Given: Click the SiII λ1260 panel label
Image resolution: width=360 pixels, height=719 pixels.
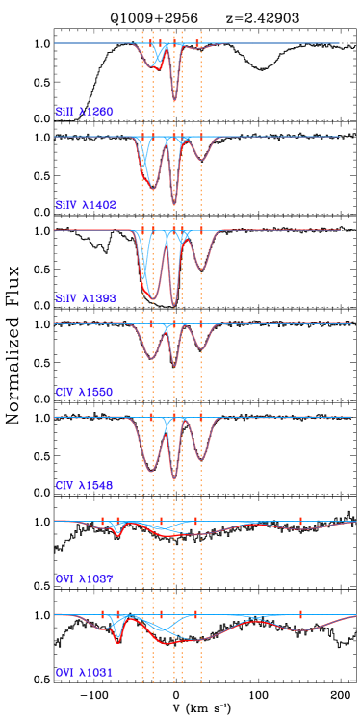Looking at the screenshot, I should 84,112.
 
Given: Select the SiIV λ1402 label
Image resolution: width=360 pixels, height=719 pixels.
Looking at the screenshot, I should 86,205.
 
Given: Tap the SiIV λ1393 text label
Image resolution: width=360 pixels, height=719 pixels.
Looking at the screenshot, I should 86,298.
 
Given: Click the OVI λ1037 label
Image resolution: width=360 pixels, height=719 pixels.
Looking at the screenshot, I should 84,578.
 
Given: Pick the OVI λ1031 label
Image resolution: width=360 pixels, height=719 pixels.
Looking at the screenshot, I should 84,673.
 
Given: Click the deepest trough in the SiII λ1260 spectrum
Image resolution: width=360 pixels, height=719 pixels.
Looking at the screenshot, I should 174,99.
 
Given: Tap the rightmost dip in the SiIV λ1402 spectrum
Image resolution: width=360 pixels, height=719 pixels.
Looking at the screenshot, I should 200,160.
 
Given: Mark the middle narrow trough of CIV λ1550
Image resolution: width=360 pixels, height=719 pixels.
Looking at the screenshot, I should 174,367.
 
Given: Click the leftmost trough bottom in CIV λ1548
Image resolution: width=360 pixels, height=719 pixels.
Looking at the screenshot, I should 150,471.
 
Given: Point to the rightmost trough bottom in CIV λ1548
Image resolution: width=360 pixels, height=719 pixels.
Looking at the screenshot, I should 200,459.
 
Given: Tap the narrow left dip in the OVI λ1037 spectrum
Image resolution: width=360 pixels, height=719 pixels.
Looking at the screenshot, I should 117,533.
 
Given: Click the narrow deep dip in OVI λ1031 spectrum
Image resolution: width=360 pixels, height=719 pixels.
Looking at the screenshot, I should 117,641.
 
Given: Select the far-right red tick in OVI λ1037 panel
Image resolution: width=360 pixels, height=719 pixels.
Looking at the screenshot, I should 300,521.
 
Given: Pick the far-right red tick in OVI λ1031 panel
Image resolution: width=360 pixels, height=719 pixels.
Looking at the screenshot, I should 300,614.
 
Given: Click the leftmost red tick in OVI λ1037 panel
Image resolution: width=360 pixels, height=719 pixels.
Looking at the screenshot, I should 102,521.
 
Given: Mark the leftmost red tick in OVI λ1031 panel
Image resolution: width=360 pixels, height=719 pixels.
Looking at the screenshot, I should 102,614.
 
